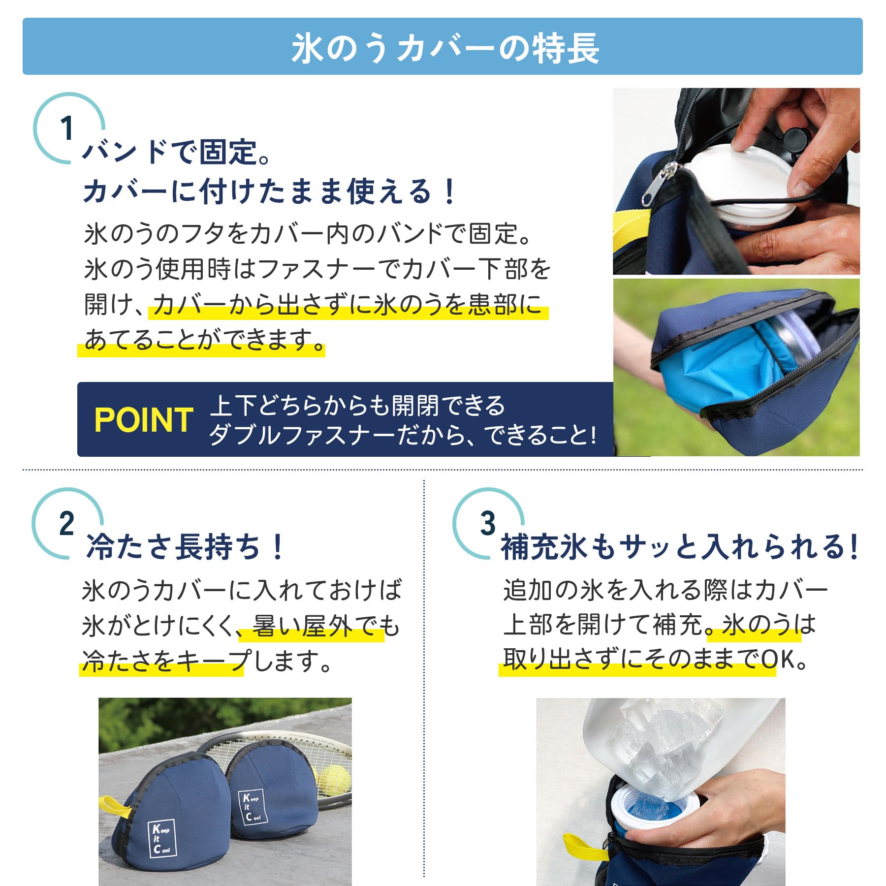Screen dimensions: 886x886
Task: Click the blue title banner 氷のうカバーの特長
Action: point(443,47)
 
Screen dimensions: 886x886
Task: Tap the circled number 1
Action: point(67,128)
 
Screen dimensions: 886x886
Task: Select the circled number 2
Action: point(66,523)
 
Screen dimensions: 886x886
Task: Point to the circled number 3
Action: point(487,523)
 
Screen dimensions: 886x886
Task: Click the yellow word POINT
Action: point(143,420)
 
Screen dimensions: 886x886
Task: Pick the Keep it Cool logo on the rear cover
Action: point(253,807)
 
